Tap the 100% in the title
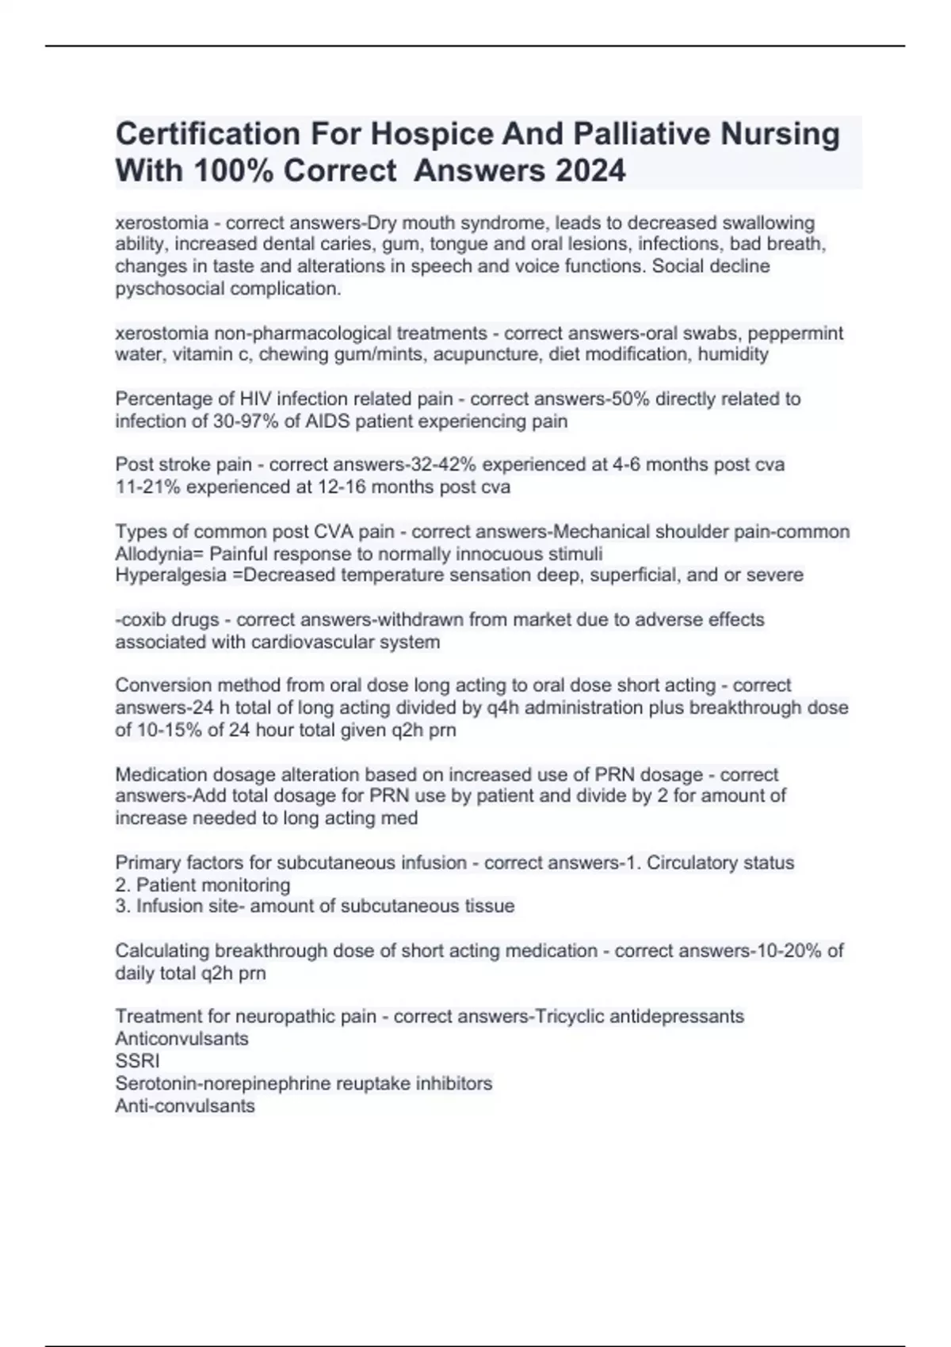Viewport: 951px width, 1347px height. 234,170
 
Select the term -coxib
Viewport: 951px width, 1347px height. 139,620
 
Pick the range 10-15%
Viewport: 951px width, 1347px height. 169,730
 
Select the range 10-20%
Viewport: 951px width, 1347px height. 787,950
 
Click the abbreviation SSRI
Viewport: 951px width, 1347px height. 137,1061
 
